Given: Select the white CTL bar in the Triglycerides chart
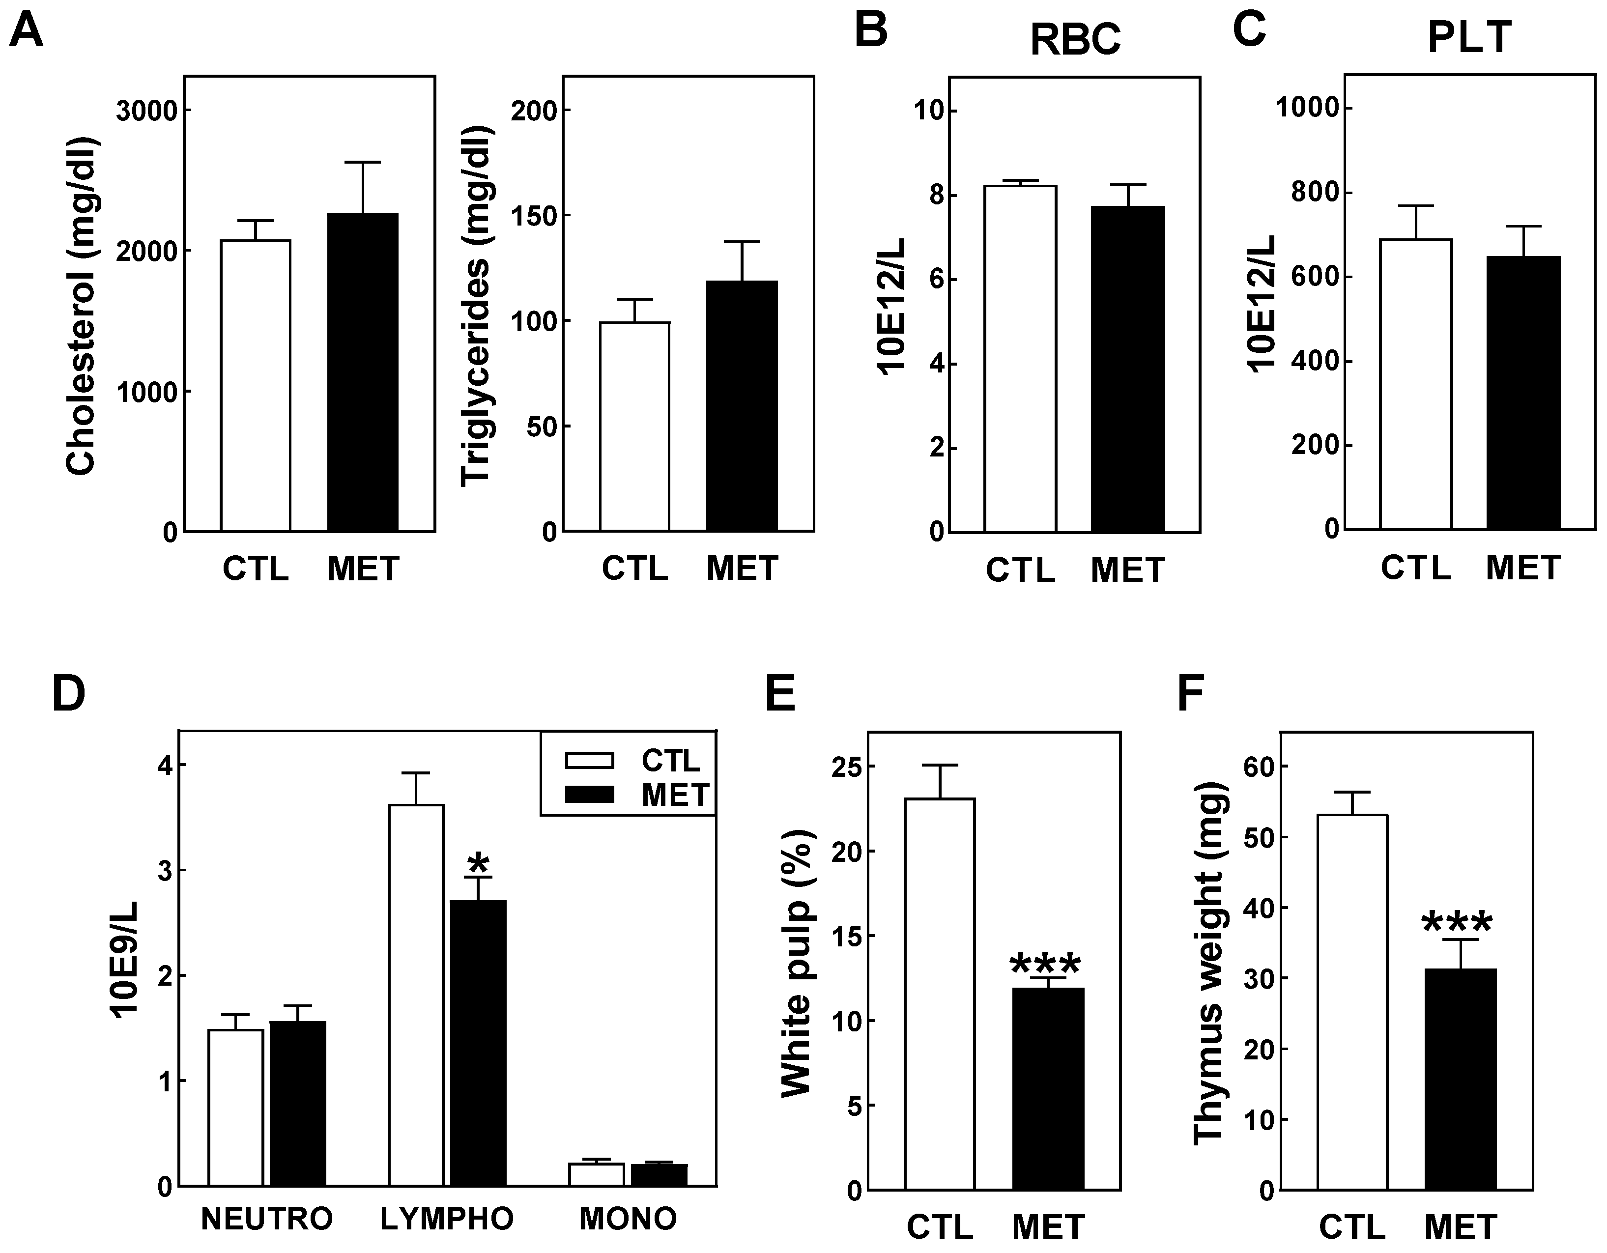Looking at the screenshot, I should pos(634,426).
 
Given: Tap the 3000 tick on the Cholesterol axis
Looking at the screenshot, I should pos(147,111).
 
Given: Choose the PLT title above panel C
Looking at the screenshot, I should pos(1469,37).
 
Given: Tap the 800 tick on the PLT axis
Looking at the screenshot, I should pos(1314,193).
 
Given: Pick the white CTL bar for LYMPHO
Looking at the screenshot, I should pos(416,995).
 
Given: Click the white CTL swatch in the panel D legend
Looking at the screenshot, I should pos(589,760).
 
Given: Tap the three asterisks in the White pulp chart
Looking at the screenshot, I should pos(1046,965).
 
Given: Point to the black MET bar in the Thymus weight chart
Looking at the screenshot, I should pos(1460,1079).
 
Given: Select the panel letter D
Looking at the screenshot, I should pos(68,694).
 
